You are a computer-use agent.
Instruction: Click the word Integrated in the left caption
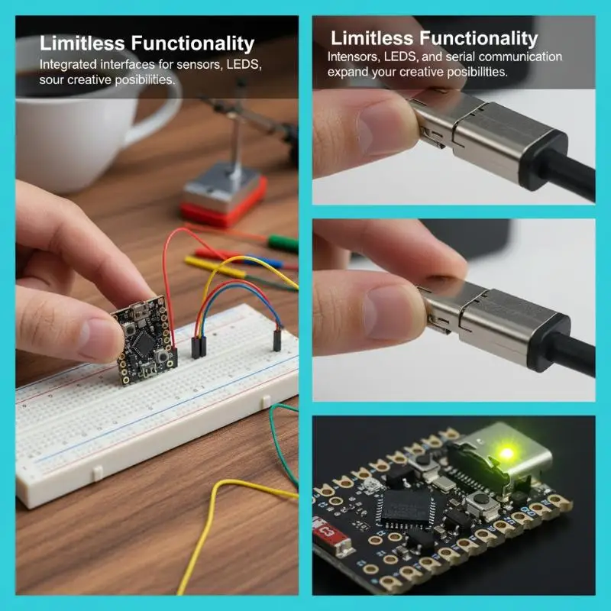click(68, 64)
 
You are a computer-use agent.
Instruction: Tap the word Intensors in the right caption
click(353, 57)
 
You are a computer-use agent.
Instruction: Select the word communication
click(520, 57)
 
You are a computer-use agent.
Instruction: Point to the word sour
click(51, 80)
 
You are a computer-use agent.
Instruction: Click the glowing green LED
click(506, 453)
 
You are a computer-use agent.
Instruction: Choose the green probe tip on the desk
click(283, 244)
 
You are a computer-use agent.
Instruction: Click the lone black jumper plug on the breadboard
click(276, 340)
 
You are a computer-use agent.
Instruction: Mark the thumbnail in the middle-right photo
click(393, 313)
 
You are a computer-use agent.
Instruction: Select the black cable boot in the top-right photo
click(544, 160)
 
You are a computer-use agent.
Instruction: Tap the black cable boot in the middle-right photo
click(548, 342)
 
